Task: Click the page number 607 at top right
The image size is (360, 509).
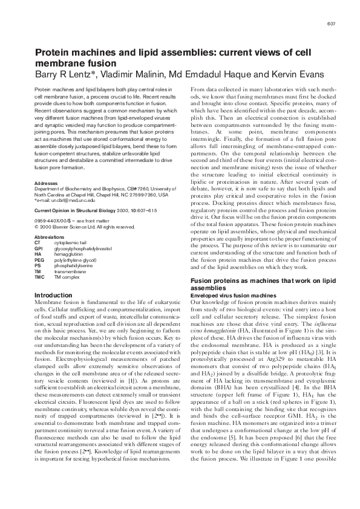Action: (x=331, y=24)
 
